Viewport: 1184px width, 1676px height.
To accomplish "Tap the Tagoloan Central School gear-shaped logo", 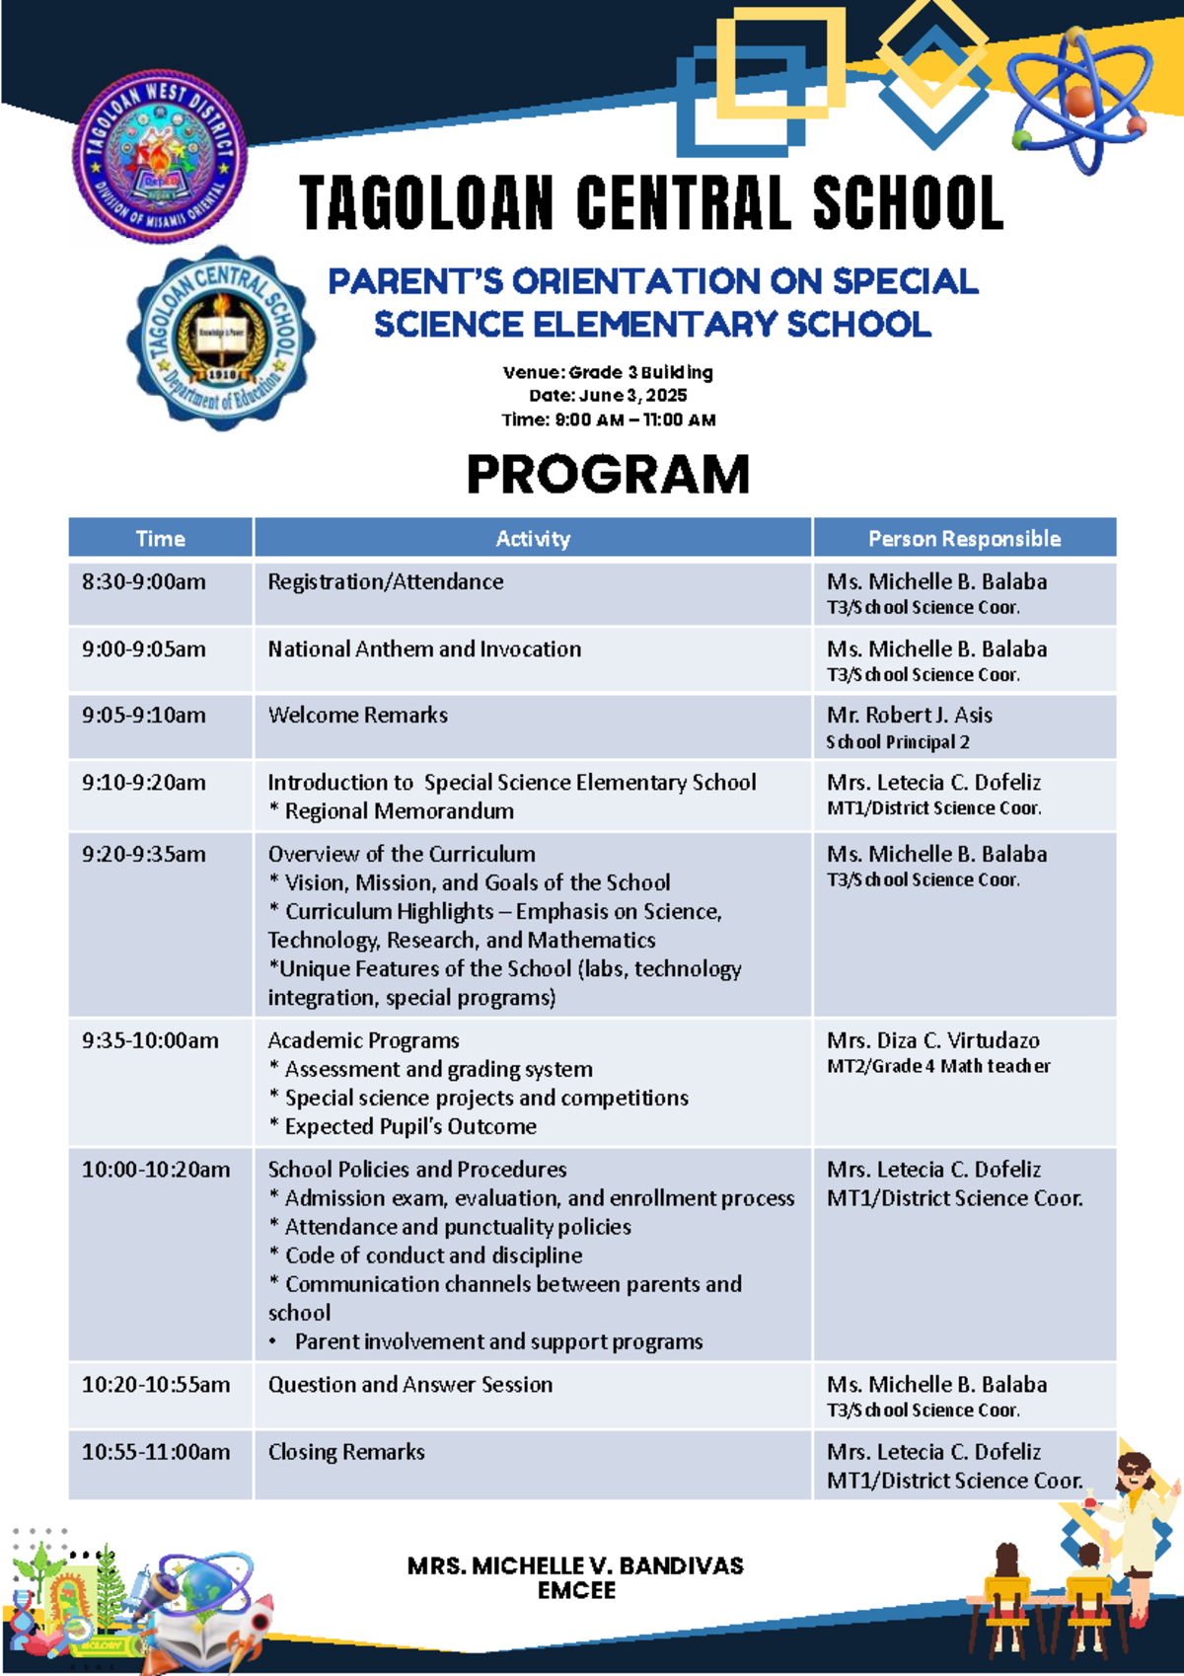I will click(223, 339).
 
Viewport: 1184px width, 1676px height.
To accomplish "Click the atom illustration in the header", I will click(1080, 99).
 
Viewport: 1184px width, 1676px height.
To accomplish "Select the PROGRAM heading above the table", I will click(608, 475).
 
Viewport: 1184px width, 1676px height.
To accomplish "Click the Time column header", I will click(161, 539).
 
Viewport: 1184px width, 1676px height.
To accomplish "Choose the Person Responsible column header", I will click(964, 539).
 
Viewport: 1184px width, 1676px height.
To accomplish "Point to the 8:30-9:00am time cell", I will click(144, 582).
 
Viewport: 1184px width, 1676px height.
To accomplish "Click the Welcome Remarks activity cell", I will click(358, 716).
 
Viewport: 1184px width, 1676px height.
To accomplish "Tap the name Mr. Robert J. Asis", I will click(910, 716).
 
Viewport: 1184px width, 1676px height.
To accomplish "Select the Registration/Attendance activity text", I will click(386, 582).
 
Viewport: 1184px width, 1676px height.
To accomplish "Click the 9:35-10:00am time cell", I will click(150, 1041).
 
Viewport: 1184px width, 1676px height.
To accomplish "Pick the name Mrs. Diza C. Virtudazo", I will click(933, 1041).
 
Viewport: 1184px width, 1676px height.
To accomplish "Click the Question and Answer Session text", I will click(410, 1385).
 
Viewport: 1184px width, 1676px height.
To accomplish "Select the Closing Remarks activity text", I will click(346, 1452).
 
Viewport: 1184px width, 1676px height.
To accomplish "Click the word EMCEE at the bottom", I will click(576, 1590).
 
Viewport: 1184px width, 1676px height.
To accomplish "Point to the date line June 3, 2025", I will click(608, 396).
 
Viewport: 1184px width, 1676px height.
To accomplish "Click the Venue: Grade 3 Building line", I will click(608, 372).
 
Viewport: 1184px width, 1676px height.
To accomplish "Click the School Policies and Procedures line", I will click(417, 1170).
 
